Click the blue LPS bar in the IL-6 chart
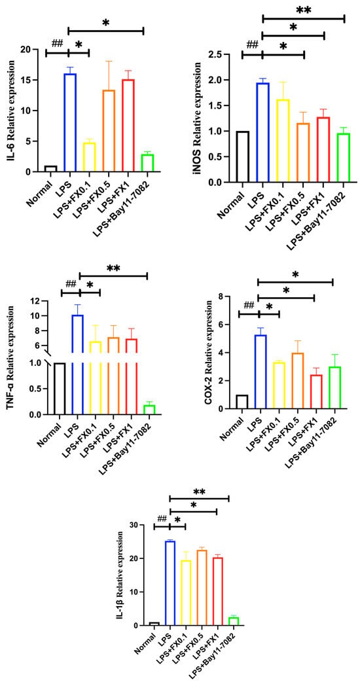[70, 122]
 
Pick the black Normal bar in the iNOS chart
[242, 156]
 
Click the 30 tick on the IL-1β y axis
[138, 525]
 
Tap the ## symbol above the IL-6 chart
[58, 44]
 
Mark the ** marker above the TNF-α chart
[113, 268]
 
